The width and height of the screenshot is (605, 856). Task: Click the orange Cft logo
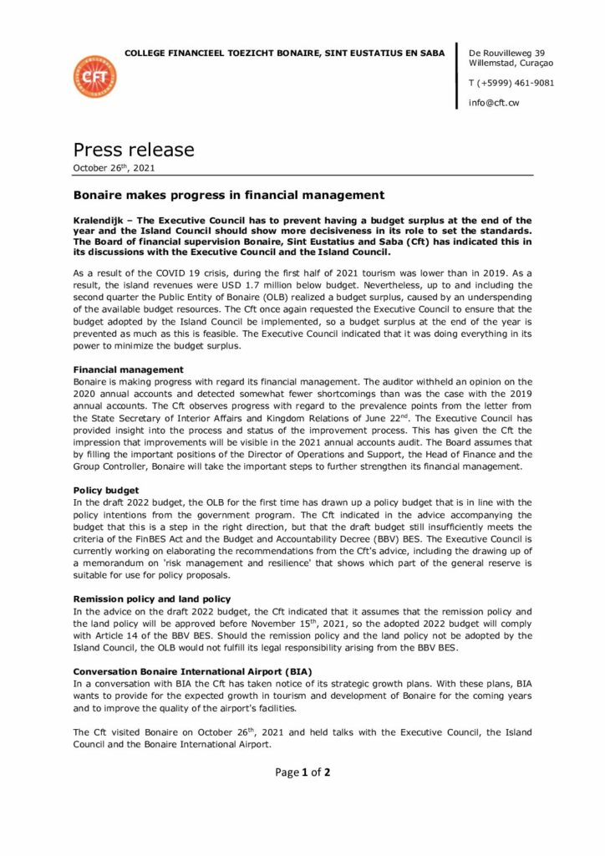click(95, 77)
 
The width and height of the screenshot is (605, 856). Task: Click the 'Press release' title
click(134, 150)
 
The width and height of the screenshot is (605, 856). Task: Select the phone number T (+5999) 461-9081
click(511, 83)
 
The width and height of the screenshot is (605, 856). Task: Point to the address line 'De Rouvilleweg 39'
click(507, 52)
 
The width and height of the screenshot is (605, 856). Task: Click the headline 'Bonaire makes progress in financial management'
click(228, 196)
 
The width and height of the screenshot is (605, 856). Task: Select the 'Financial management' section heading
click(127, 369)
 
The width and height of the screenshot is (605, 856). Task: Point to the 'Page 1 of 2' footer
click(302, 772)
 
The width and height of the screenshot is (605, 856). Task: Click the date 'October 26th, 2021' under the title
click(113, 168)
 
